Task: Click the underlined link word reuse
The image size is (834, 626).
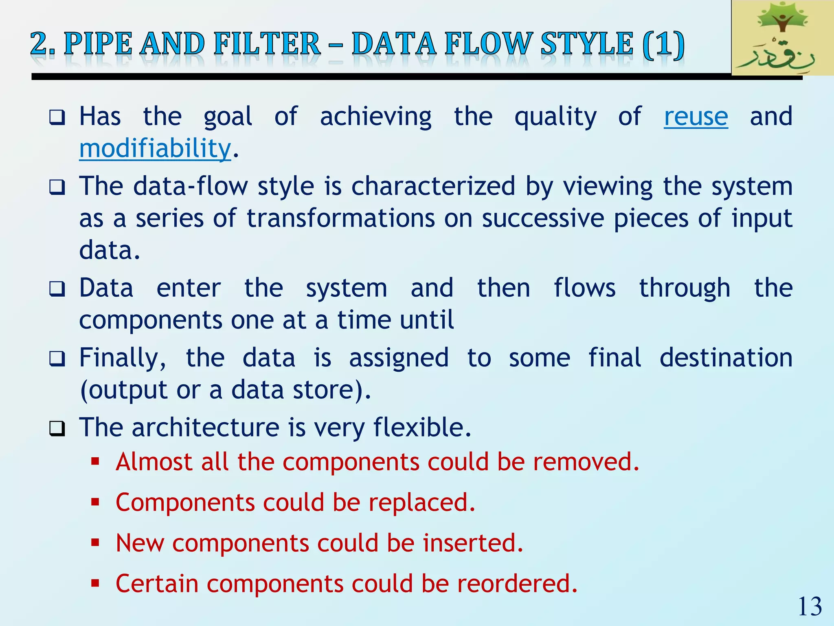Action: pos(696,117)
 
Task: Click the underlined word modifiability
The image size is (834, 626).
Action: pos(155,149)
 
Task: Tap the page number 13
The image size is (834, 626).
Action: pos(810,606)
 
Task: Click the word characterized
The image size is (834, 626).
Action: pos(433,187)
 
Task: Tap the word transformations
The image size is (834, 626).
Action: pos(341,218)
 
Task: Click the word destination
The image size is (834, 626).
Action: pos(726,358)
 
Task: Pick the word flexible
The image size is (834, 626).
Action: pos(422,428)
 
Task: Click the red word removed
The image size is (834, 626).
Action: pos(586,462)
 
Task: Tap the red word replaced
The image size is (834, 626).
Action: pos(421,503)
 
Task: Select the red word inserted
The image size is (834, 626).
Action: pos(472,543)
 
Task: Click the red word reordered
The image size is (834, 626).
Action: pos(517,584)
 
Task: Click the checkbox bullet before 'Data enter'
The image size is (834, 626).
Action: pos(57,289)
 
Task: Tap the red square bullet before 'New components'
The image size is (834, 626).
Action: pos(95,542)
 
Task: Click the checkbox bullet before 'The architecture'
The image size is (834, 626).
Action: pos(57,428)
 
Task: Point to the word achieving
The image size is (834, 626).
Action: pos(375,117)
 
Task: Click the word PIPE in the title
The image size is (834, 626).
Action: pos(98,44)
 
